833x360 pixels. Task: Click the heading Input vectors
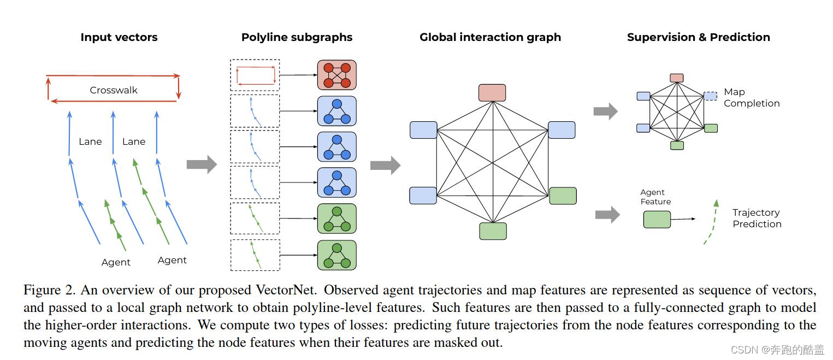[x=119, y=37]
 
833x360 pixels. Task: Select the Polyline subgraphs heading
[x=297, y=37]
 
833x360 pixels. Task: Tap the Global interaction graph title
[x=490, y=37]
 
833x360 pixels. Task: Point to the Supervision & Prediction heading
[x=698, y=37]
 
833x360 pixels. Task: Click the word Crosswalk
[x=114, y=90]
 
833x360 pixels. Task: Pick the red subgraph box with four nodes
[x=336, y=75]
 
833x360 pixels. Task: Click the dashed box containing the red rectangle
[x=255, y=75]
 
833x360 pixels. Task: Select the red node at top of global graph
[x=493, y=93]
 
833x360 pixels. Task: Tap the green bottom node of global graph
[x=493, y=231]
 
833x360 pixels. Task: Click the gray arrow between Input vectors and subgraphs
[x=201, y=164]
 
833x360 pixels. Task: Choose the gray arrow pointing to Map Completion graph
[x=605, y=111]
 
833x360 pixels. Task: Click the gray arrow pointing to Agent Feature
[x=607, y=214]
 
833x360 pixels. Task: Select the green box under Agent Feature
[x=657, y=219]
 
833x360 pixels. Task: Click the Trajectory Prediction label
[x=757, y=218]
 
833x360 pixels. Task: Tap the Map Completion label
[x=751, y=98]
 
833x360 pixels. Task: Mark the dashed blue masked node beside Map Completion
[x=710, y=96]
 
